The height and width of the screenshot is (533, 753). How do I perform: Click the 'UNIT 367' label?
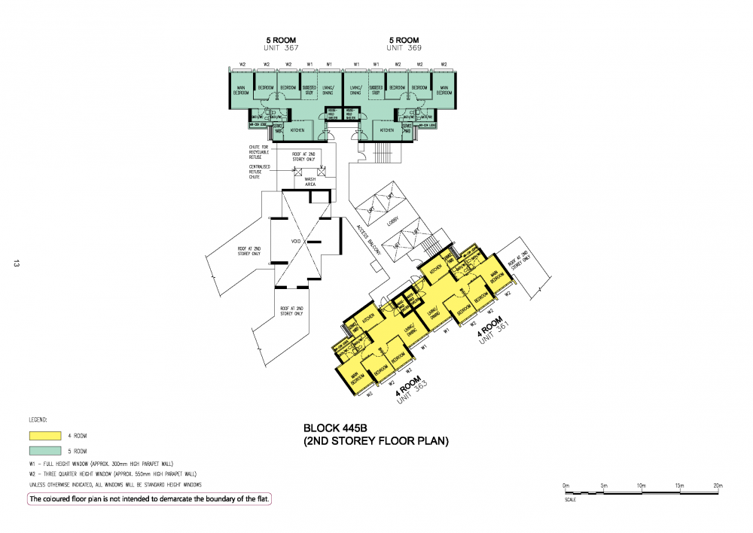click(x=281, y=48)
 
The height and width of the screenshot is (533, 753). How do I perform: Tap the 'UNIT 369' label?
click(x=404, y=48)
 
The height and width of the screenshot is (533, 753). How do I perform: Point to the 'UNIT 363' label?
click(x=410, y=394)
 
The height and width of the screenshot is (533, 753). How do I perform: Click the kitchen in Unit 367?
click(x=297, y=130)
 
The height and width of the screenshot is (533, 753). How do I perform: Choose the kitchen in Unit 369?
click(x=386, y=130)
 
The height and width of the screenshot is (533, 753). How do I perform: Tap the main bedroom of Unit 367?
click(x=241, y=90)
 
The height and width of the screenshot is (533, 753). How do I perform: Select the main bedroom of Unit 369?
click(x=444, y=90)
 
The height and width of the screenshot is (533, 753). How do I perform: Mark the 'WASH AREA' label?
click(x=309, y=181)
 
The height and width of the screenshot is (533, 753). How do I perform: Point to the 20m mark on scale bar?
click(x=718, y=486)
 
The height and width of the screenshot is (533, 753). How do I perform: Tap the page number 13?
click(x=14, y=263)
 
